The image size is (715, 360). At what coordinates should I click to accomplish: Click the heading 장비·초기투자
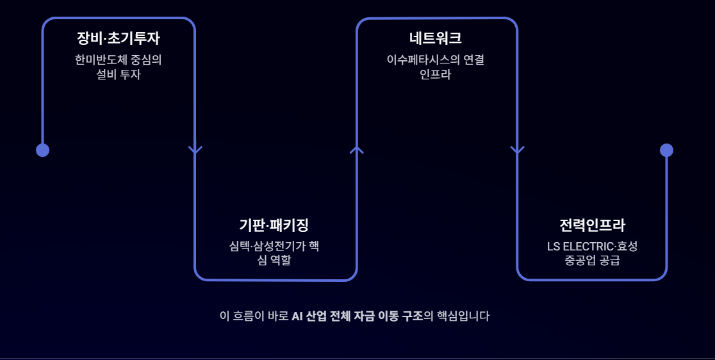click(x=119, y=38)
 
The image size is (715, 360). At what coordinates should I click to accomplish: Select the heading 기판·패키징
click(x=274, y=225)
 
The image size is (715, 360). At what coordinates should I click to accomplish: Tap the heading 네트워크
click(x=436, y=38)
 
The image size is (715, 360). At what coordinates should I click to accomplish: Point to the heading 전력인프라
click(x=592, y=225)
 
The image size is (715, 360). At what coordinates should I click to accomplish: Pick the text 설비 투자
click(x=119, y=74)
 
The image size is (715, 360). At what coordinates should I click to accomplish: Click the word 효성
click(x=627, y=246)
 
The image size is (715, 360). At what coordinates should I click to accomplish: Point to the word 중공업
click(x=579, y=261)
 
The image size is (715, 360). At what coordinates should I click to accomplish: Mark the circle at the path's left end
click(x=42, y=150)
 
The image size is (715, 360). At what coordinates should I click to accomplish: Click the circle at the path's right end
click(x=666, y=150)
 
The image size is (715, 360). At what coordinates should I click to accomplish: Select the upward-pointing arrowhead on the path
click(x=356, y=149)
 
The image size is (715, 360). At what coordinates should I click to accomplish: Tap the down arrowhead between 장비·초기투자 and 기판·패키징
click(x=195, y=151)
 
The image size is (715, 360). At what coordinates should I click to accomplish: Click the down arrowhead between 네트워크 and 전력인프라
click(x=517, y=151)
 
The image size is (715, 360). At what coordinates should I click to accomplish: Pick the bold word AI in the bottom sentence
click(x=297, y=316)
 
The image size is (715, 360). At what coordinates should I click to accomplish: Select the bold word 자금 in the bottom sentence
click(x=363, y=316)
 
